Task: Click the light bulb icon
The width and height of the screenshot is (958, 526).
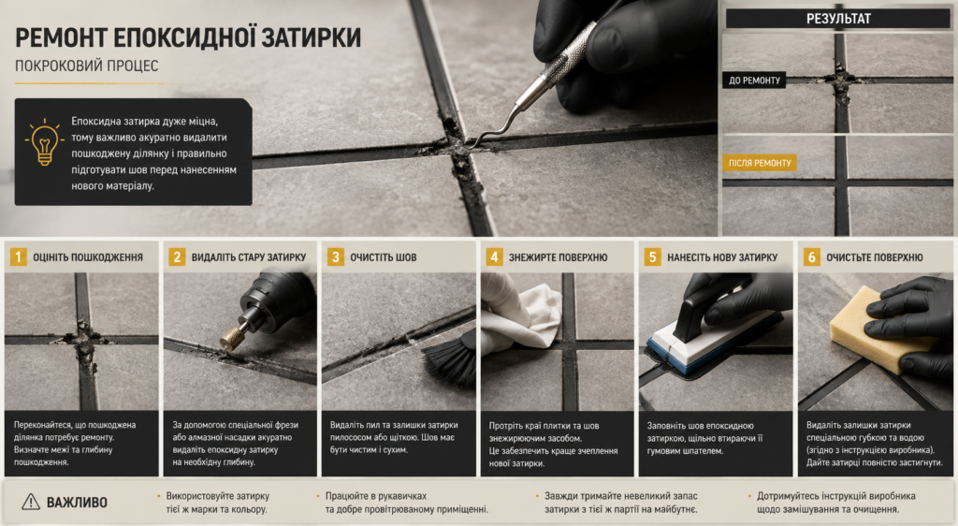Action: tap(45, 142)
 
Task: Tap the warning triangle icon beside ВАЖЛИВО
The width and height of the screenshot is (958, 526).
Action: tap(31, 503)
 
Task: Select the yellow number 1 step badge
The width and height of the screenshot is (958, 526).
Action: tap(19, 257)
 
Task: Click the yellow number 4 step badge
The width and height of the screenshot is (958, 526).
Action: tap(494, 257)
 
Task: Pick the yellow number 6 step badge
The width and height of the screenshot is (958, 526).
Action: tap(811, 257)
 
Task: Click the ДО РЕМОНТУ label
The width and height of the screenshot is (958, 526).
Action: tap(754, 80)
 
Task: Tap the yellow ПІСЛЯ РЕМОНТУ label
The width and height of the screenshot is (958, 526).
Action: tap(760, 163)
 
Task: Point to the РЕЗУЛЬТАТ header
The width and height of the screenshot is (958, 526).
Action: tap(838, 19)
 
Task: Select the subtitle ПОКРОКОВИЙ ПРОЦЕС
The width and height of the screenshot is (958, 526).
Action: tap(87, 66)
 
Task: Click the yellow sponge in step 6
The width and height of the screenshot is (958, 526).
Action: tap(878, 329)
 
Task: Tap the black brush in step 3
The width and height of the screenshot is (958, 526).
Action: tap(451, 360)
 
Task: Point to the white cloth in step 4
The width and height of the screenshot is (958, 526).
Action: tap(521, 317)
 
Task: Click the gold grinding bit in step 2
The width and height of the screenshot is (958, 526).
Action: tap(232, 339)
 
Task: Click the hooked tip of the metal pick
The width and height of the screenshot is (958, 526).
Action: tap(472, 141)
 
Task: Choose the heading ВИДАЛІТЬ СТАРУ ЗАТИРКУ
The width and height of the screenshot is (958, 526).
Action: tap(249, 257)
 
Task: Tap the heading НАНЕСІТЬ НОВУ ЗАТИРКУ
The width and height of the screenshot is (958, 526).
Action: tap(722, 257)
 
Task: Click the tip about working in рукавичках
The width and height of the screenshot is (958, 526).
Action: tap(406, 503)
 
